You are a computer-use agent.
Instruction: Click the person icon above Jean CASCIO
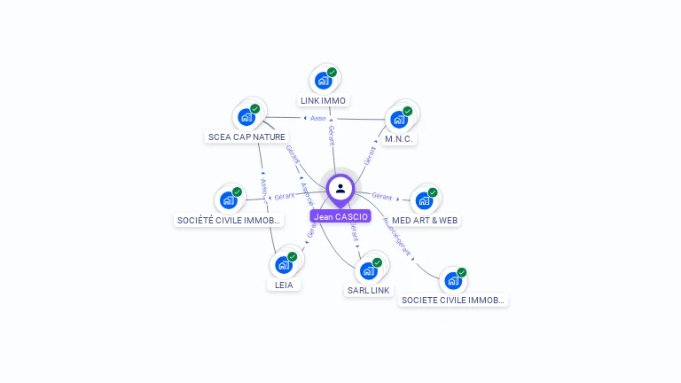[340, 188]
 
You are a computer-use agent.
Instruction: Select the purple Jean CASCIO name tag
[340, 216]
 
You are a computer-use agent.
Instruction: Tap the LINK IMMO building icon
[323, 81]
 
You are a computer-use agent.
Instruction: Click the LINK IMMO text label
[323, 100]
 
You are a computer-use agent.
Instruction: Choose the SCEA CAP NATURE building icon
[246, 117]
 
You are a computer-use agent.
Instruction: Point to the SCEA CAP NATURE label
[246, 137]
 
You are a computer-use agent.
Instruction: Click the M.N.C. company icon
[399, 119]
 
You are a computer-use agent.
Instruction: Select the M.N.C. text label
[399, 139]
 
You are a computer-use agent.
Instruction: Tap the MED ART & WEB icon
[424, 200]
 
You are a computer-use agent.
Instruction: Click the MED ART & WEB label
[426, 220]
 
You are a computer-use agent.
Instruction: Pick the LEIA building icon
[283, 264]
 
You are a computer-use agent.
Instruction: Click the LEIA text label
[284, 285]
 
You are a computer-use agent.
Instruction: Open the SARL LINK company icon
[368, 270]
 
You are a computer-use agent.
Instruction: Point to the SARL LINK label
[368, 290]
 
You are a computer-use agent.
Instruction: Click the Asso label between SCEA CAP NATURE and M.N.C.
[316, 118]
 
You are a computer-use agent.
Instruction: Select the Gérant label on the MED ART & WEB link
[381, 196]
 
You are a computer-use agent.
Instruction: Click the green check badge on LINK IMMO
[332, 73]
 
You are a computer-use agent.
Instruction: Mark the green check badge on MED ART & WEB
[433, 192]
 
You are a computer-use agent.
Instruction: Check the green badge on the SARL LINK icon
[377, 262]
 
